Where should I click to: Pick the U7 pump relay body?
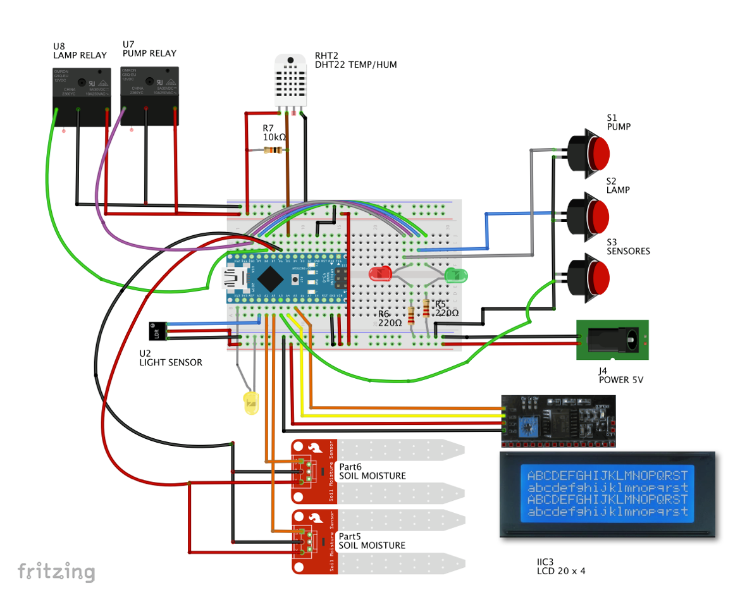149,95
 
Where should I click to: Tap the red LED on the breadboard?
380,274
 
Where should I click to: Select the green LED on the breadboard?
455,275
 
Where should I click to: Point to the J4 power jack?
612,340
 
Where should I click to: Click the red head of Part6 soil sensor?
314,471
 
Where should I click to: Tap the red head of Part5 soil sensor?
314,541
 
